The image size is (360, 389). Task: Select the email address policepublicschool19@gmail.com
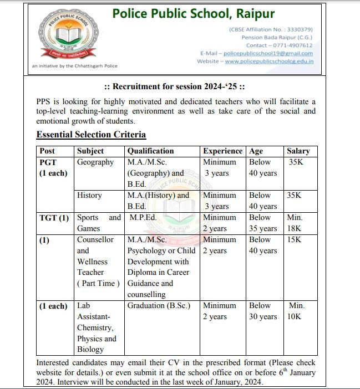(268, 53)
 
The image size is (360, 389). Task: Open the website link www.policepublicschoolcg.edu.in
(269, 62)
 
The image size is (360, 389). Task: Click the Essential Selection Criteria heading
(91, 135)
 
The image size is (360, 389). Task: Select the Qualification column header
(150, 151)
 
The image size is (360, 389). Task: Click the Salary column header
(298, 151)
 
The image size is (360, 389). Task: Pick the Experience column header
(222, 151)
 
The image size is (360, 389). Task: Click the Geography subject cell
(95, 162)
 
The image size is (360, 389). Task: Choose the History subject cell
(90, 196)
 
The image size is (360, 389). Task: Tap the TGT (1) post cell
(54, 218)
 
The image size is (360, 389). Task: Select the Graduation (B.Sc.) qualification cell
(159, 306)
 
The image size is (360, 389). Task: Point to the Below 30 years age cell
(262, 311)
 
